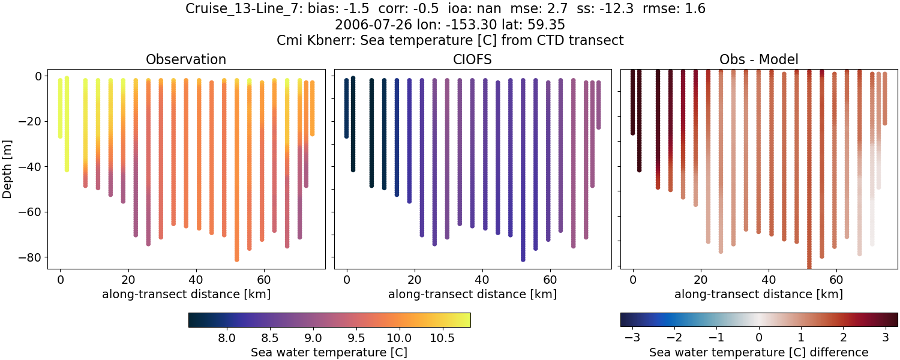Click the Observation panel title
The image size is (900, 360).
click(186, 59)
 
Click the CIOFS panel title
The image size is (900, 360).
click(472, 59)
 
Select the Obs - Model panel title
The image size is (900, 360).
click(758, 59)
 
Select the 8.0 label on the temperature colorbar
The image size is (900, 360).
click(226, 338)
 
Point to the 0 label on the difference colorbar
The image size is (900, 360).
click(759, 338)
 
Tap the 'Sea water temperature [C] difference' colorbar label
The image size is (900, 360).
click(758, 353)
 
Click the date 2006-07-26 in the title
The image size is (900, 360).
click(365, 25)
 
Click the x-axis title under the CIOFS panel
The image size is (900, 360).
click(472, 294)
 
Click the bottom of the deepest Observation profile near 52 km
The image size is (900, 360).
click(237, 259)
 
